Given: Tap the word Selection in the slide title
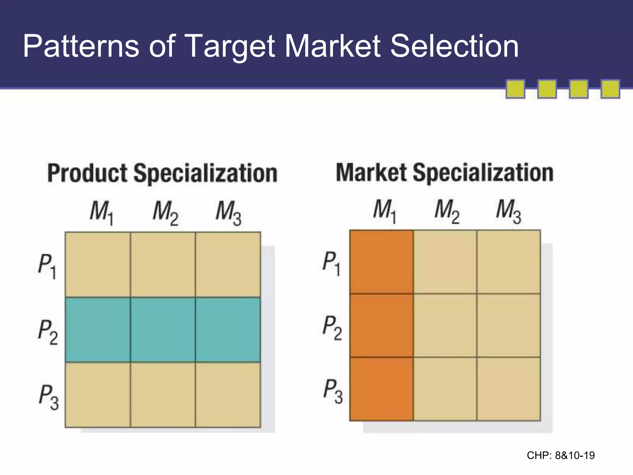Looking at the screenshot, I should tap(454, 46).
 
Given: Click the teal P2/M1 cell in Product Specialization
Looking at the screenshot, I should tap(98, 330).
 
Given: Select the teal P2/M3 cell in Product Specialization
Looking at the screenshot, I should tap(228, 330).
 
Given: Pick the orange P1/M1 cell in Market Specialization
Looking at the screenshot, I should tap(381, 262).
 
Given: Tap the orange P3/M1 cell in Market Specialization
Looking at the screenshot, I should tap(381, 389).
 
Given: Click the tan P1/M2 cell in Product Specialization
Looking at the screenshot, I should tap(163, 265).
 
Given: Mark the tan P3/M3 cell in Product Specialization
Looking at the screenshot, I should tap(228, 395).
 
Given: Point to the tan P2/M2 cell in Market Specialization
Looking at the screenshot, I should tap(445, 325).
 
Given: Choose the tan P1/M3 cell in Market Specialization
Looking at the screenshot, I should tap(509, 262).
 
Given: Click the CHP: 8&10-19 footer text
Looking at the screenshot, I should tap(561, 456).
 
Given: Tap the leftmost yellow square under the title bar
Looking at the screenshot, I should tap(515, 89).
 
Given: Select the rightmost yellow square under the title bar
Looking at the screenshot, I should tap(610, 89).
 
